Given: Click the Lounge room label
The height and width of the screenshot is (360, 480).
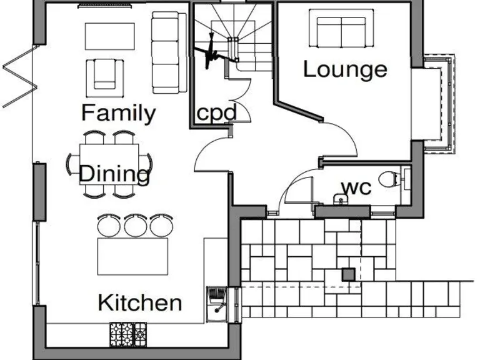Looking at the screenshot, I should pos(345,69).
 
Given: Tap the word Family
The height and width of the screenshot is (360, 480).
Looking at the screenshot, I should pos(118,113).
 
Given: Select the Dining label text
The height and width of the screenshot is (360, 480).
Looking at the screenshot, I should pos(116,173).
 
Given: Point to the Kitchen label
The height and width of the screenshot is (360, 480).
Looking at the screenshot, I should pos(140,303).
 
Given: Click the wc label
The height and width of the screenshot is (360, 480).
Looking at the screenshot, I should pos(356,187).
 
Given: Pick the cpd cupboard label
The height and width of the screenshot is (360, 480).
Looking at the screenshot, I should pos(216,114).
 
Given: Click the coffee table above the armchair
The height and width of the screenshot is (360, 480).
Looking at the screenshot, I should pos(110,37).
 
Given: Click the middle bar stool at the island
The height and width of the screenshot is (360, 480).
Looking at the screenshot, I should pos(136,224).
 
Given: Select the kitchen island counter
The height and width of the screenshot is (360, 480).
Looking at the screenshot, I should pos(132,256).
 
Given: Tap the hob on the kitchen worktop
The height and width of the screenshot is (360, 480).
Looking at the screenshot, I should pos(129,333).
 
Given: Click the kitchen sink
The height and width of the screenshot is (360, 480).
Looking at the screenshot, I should pos(217,300).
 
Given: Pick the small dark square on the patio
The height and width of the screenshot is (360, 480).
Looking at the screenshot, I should pos(348,273).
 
